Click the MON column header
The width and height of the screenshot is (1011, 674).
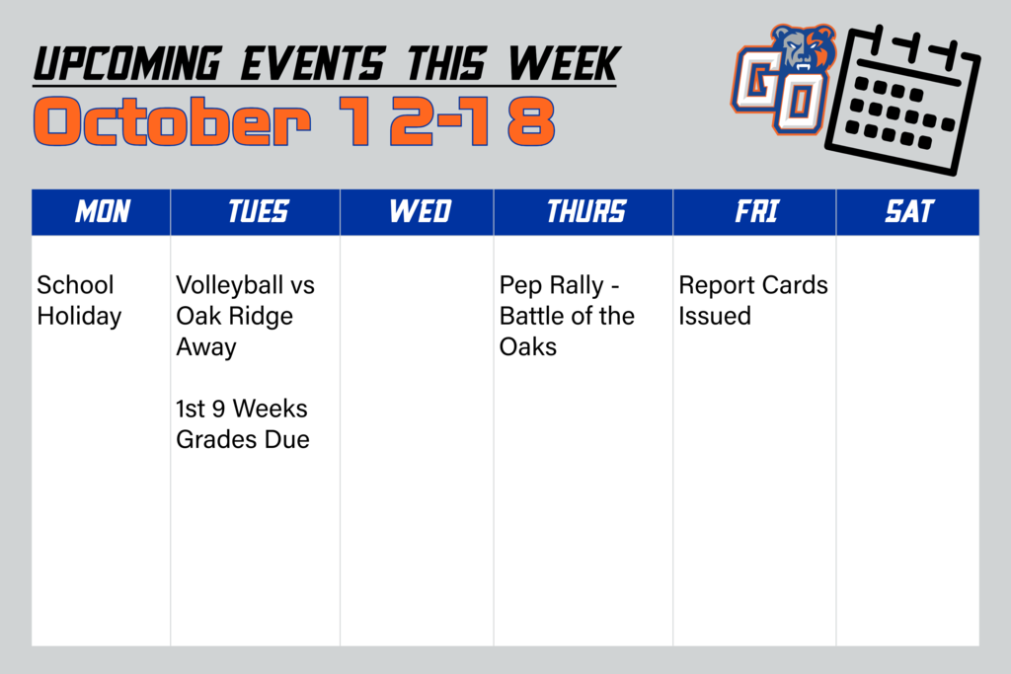pos(102,212)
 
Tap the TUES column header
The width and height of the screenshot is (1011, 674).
pos(258,212)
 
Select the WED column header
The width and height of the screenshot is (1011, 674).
pos(420,212)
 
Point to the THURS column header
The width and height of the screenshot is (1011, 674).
pos(585,212)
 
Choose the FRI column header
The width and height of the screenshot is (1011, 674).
pos(756,212)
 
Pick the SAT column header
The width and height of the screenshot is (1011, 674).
pos(908,212)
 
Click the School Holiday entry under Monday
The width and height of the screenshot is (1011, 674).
pos(78,301)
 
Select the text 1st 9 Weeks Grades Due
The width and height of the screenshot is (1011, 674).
pos(243,424)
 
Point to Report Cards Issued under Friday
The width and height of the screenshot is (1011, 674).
pos(752,301)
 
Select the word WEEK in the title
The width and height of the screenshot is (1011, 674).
pos(563,65)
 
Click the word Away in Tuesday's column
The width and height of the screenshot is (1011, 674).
pos(206,347)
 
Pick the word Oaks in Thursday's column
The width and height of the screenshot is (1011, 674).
pos(528,347)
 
